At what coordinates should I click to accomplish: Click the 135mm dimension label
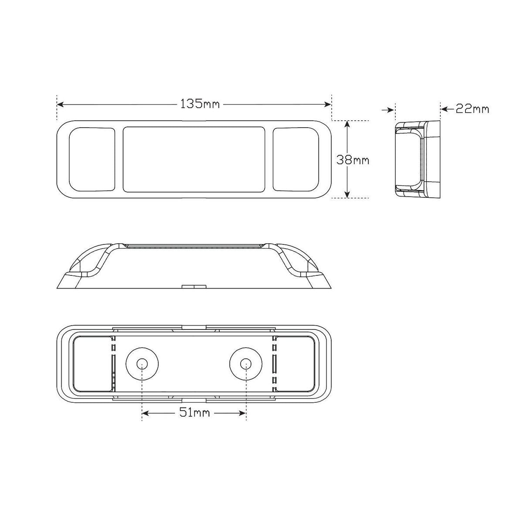(x=200, y=104)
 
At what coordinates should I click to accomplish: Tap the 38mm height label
(x=353, y=160)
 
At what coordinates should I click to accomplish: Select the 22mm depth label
(x=472, y=109)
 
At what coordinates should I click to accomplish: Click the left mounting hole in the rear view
(x=142, y=363)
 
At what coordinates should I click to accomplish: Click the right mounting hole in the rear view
(x=246, y=363)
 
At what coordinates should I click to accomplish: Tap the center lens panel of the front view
(x=194, y=160)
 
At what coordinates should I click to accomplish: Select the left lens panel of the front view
(x=92, y=159)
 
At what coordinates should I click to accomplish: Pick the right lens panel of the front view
(x=296, y=159)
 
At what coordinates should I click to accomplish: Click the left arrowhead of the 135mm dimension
(x=61, y=104)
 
